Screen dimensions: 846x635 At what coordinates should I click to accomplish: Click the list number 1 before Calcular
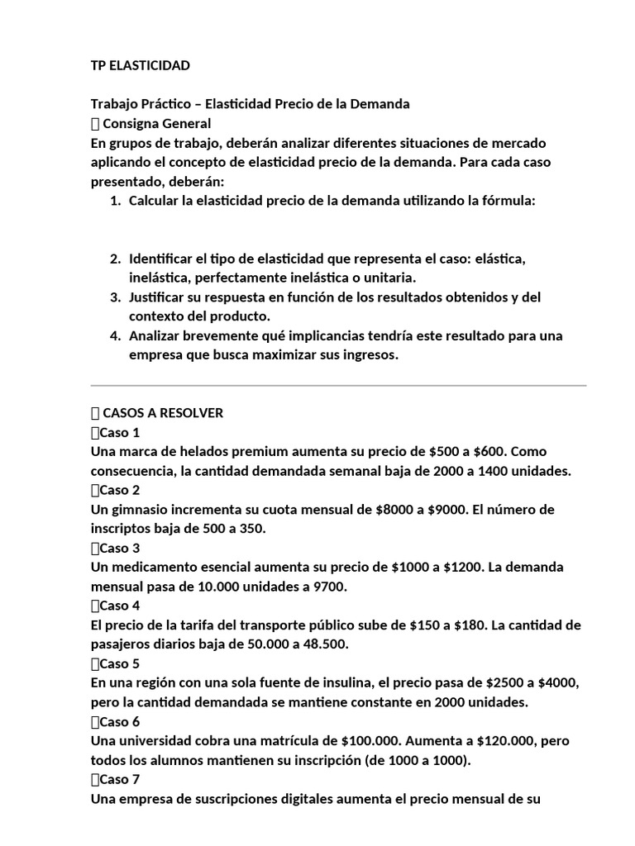pos(115,201)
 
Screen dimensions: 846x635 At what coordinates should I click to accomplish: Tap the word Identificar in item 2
pos(162,259)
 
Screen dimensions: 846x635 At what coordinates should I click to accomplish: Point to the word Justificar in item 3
pos(160,297)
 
